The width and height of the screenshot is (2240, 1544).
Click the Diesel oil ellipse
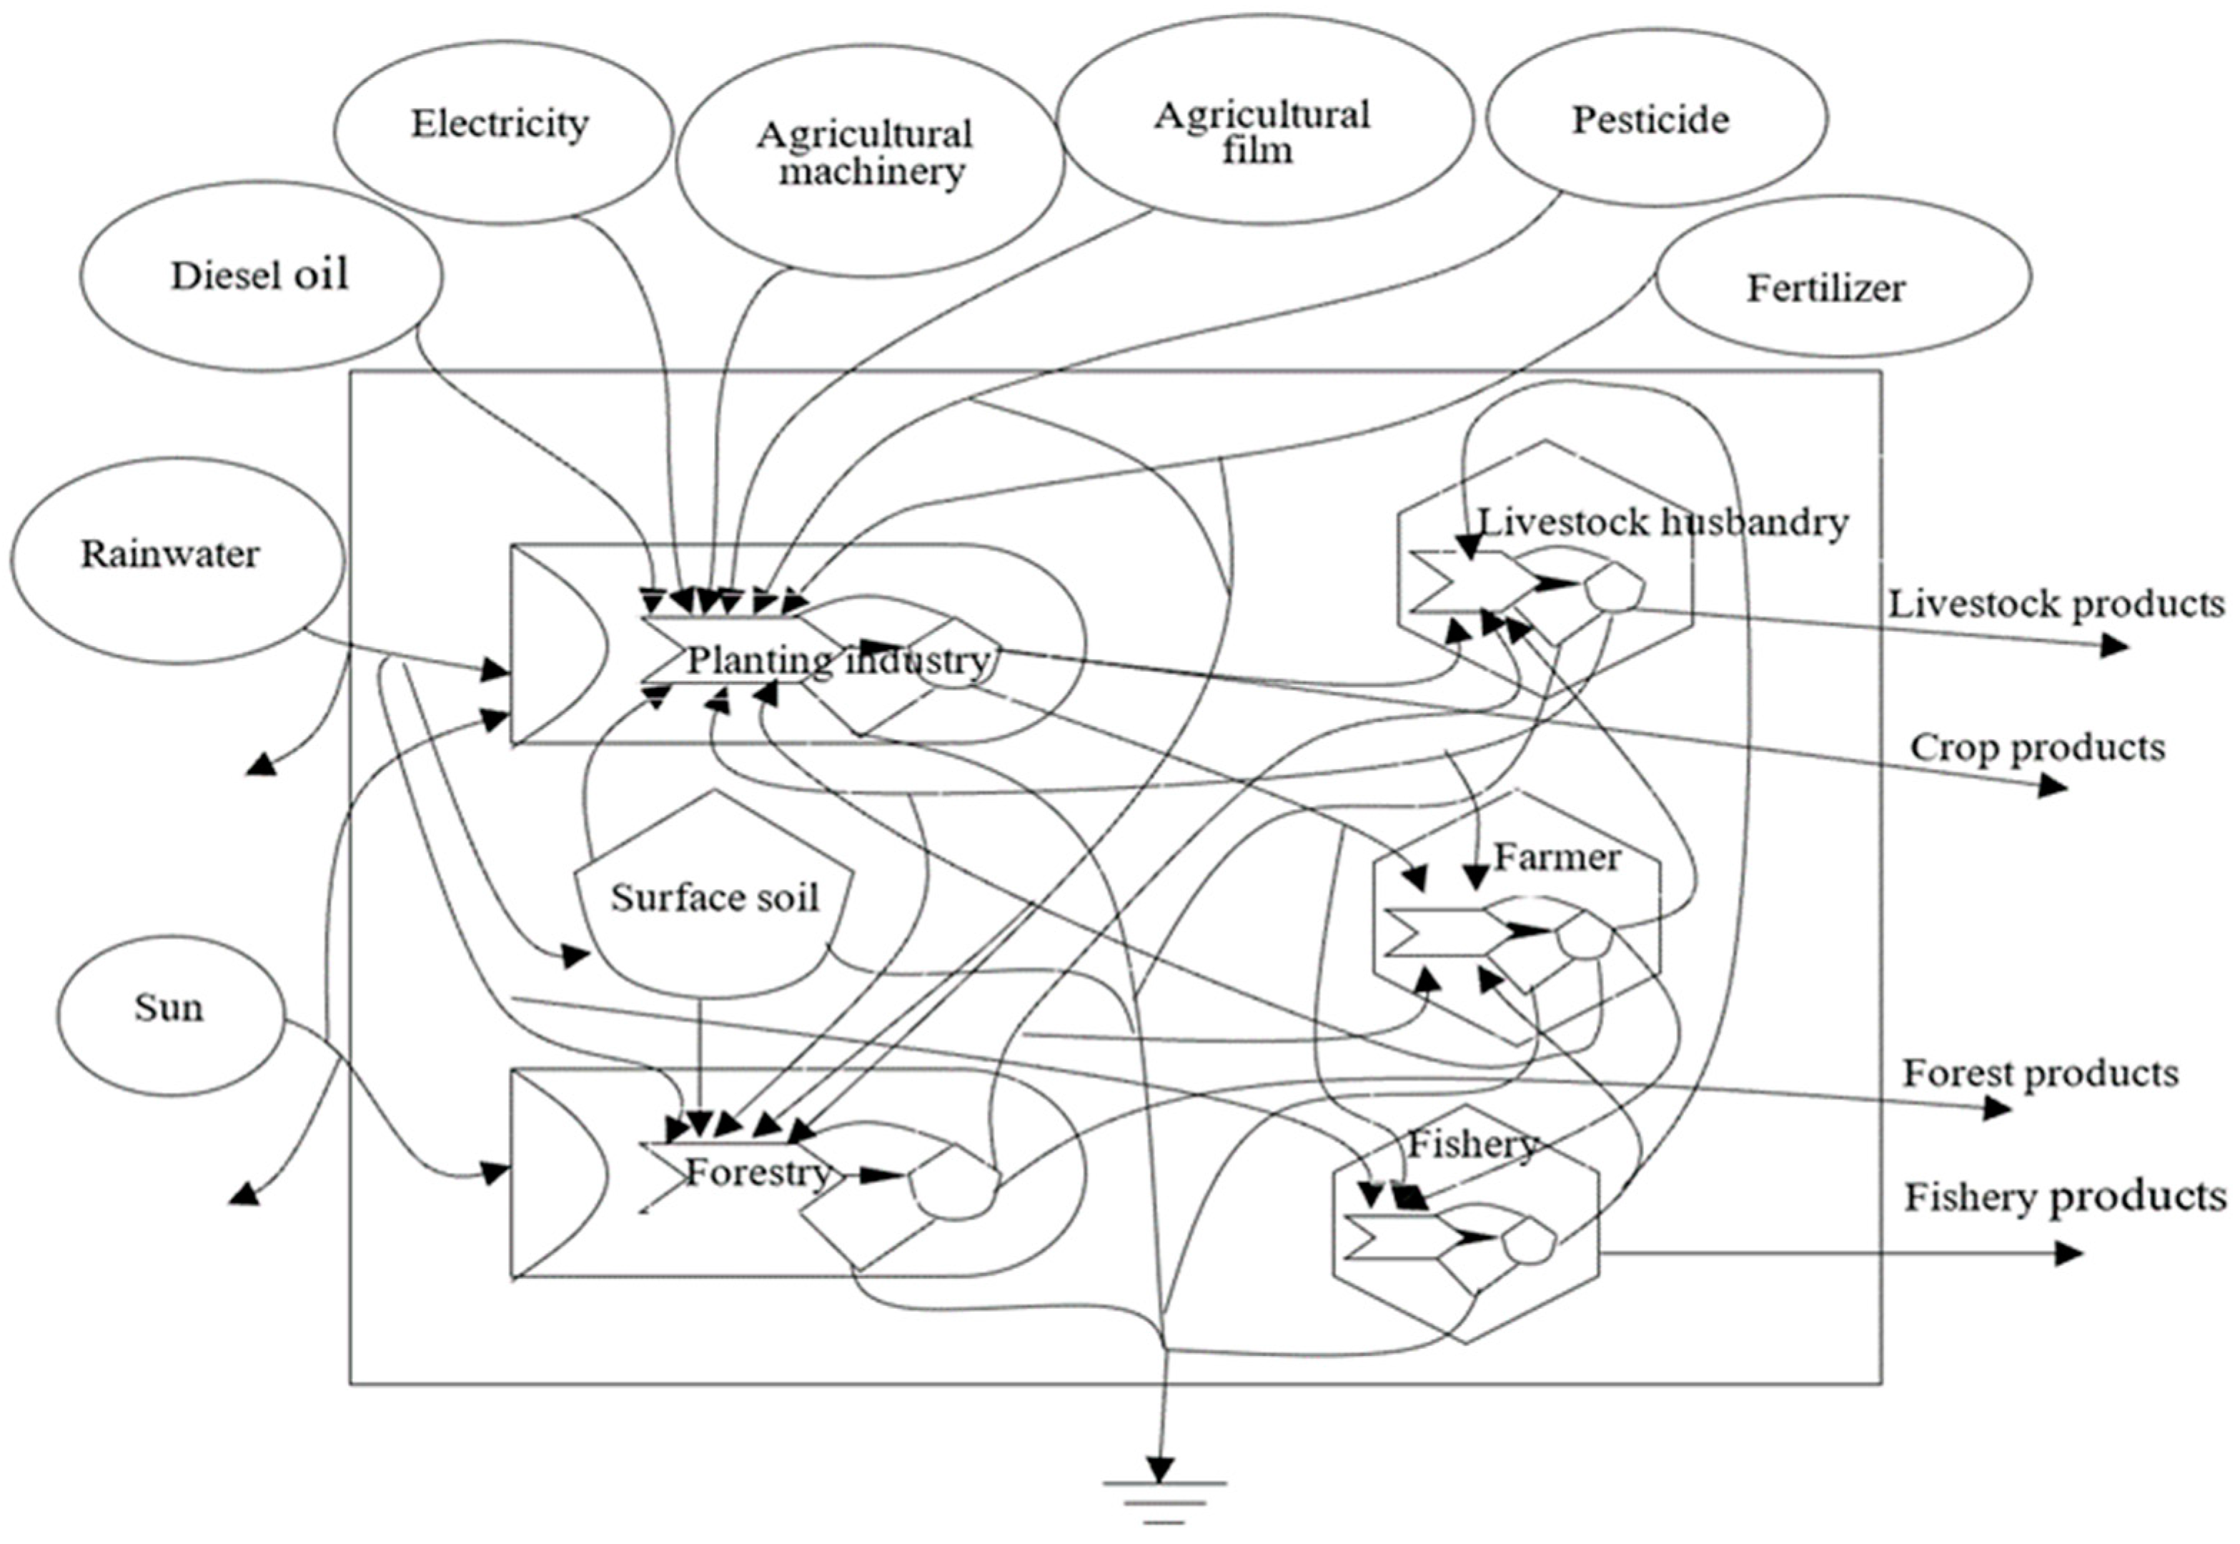(x=260, y=276)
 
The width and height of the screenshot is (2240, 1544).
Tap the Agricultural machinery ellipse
(x=866, y=155)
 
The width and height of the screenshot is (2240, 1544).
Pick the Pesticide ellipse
(x=1655, y=119)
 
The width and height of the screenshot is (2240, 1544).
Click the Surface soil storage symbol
(x=714, y=898)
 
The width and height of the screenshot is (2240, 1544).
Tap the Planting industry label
(x=838, y=660)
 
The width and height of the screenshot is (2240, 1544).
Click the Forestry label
(x=758, y=1172)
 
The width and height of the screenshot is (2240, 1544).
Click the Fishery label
(x=1471, y=1144)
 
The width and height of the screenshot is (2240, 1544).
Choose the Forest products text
(x=2040, y=1073)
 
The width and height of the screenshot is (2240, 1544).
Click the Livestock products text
(x=2056, y=605)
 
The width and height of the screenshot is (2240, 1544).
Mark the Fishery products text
(x=2065, y=1197)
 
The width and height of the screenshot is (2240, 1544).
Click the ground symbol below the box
(x=1166, y=1508)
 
